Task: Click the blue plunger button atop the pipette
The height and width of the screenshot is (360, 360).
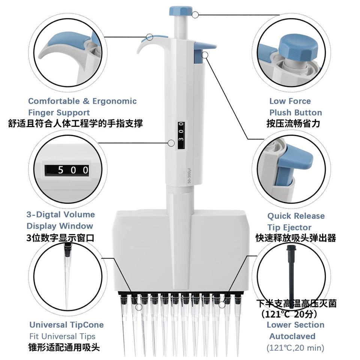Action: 181,11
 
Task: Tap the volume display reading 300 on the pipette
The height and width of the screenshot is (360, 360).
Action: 181,135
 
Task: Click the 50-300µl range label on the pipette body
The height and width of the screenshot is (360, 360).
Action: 189,175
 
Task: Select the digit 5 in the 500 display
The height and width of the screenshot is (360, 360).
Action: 60,170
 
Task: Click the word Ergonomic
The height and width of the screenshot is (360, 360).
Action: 115,101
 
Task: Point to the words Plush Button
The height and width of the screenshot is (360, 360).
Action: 295,112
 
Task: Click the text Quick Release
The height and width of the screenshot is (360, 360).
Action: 296,216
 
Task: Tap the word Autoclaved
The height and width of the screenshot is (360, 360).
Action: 292,336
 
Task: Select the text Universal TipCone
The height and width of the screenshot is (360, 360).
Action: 67,325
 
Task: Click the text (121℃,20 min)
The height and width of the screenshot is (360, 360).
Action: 295,348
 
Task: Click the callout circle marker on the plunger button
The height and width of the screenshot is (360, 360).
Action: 195,15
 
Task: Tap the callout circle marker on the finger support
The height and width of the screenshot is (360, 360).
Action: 150,37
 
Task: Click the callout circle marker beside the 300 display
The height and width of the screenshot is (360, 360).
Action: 171,143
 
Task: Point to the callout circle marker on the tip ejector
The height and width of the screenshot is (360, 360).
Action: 205,55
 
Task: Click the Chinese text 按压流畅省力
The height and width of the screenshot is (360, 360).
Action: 293,123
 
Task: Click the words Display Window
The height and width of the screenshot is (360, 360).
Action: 60,226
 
